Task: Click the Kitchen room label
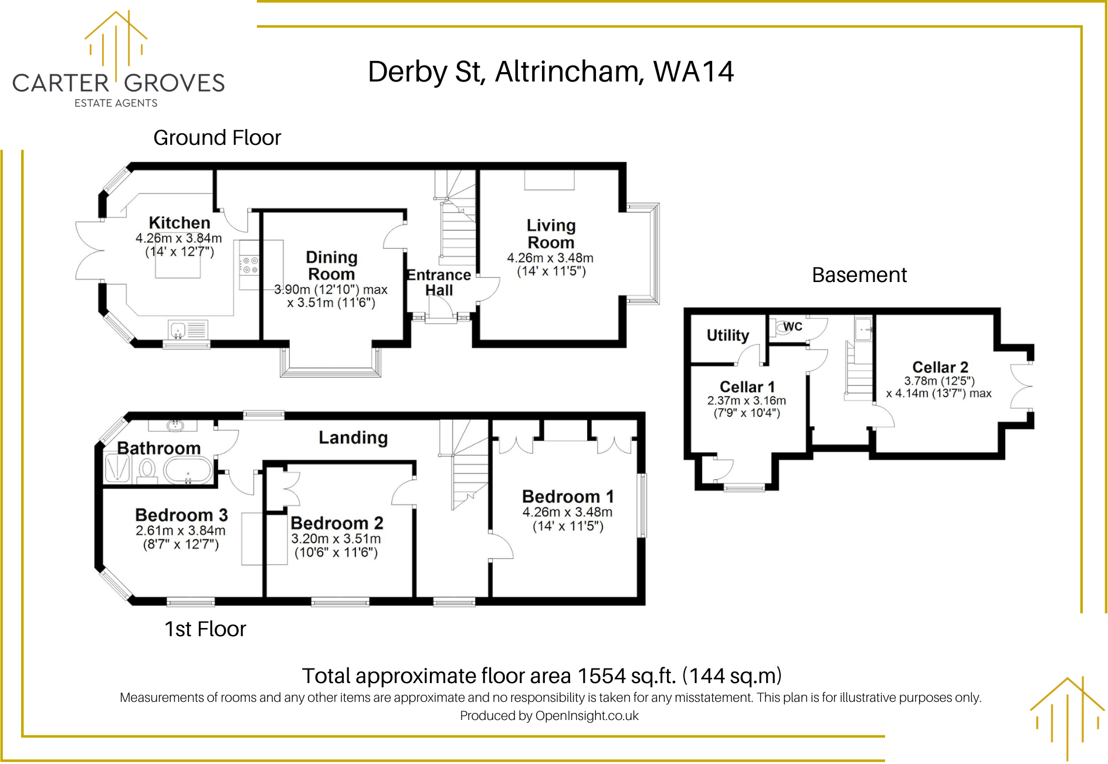click(179, 223)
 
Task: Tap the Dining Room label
click(331, 266)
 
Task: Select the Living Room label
click(551, 234)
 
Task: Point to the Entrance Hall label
click(439, 283)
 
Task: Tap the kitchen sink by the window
click(177, 330)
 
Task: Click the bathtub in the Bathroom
click(188, 470)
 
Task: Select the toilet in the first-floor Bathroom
click(147, 470)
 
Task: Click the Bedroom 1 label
click(568, 497)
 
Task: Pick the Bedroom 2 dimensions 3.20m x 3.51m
click(336, 538)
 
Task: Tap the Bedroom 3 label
click(181, 515)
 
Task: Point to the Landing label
click(353, 437)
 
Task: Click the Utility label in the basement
click(727, 335)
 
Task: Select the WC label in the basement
click(792, 327)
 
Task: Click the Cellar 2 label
click(940, 367)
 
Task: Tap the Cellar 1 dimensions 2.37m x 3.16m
click(746, 400)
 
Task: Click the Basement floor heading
click(859, 275)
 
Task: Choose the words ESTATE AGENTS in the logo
click(116, 103)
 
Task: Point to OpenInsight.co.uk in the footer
click(587, 716)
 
